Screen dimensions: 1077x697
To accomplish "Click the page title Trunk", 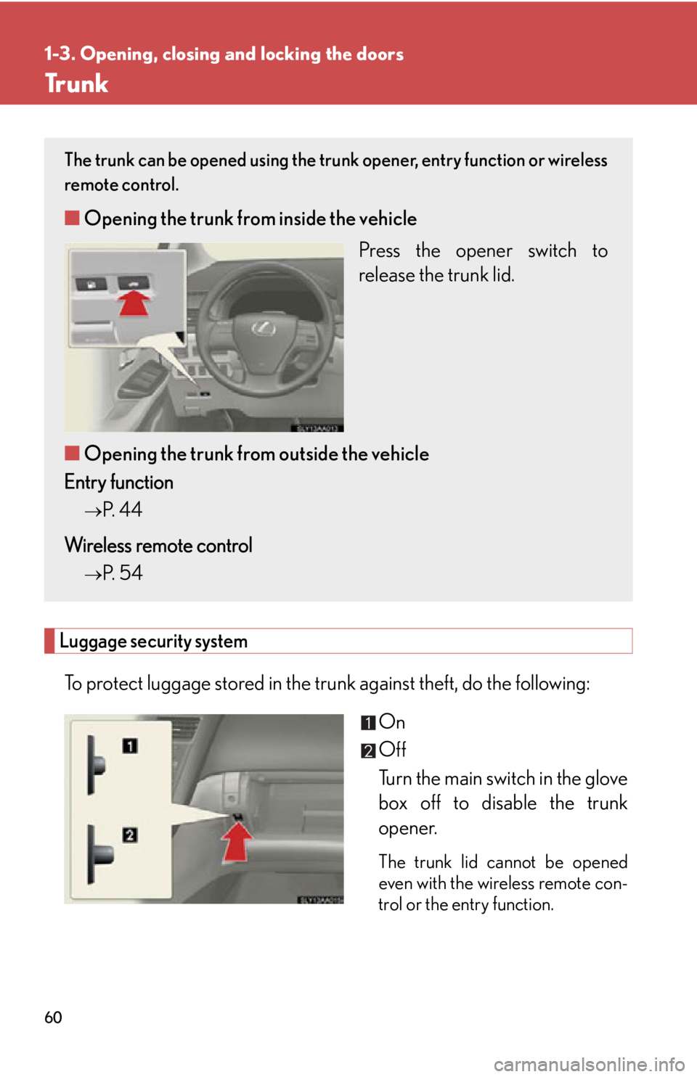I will click(x=76, y=84).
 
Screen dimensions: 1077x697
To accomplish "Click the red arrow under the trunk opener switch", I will click(x=134, y=302).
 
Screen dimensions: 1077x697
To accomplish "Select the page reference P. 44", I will click(x=122, y=509).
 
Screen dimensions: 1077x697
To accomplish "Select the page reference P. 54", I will click(x=122, y=573).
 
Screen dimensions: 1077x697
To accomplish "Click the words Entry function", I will click(x=118, y=483).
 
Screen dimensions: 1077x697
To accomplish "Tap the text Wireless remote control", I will click(x=158, y=545).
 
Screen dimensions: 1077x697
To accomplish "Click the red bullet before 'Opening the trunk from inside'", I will click(x=72, y=218).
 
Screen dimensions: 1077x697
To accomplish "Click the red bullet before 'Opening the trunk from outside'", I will click(x=72, y=453).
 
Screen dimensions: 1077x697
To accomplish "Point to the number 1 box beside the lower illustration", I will click(x=368, y=723).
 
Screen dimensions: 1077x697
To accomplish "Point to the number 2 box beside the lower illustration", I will click(x=368, y=750).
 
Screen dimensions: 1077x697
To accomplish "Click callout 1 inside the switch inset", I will click(x=129, y=746).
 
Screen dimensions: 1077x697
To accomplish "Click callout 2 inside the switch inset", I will click(x=129, y=835).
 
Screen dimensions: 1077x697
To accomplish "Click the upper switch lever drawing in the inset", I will click(x=95, y=765).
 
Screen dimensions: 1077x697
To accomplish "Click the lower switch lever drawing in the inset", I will click(x=98, y=854).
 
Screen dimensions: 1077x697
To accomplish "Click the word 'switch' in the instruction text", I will click(x=552, y=250).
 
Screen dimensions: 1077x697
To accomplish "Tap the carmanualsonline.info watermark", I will click(x=589, y=1065).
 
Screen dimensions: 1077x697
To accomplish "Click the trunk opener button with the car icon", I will click(x=134, y=283).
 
